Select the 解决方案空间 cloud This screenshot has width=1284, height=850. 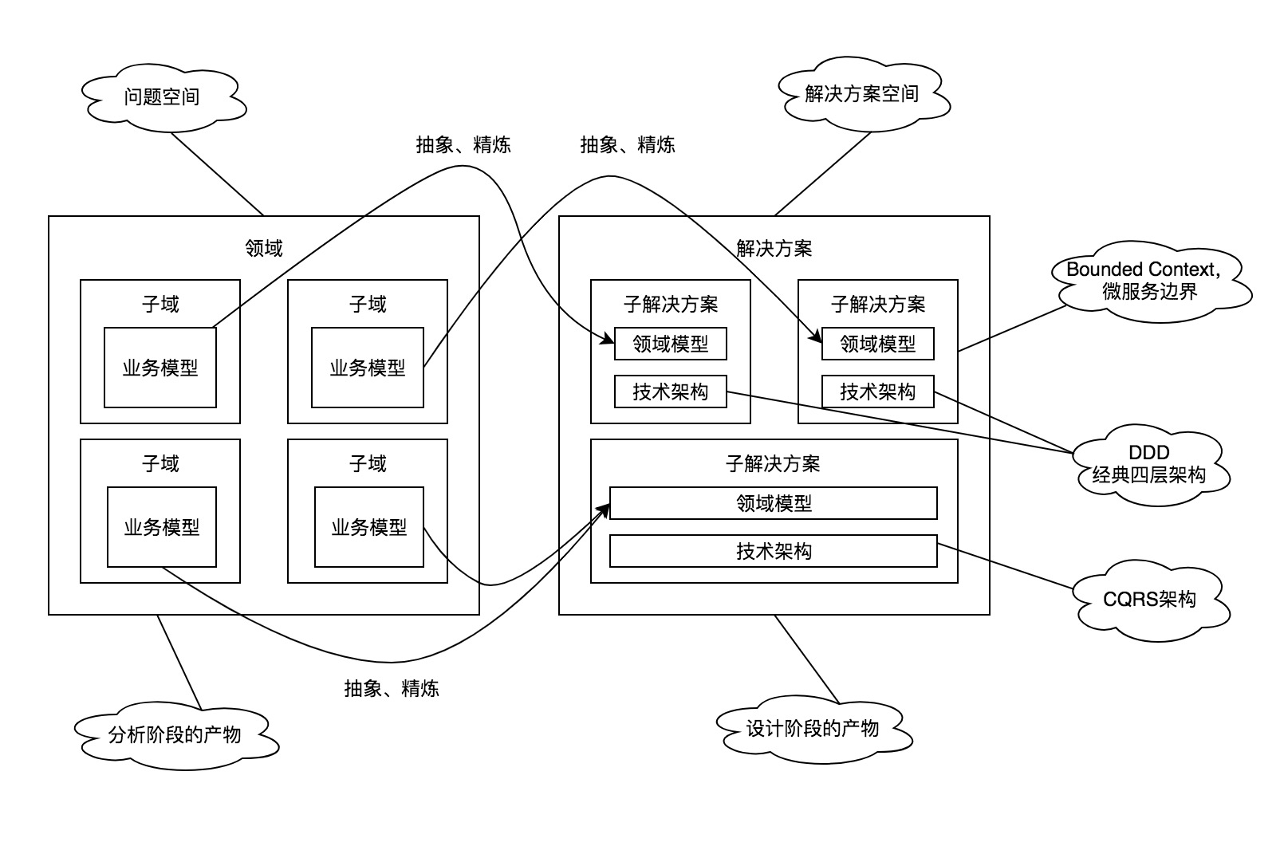[861, 94]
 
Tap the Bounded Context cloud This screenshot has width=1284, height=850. [1149, 281]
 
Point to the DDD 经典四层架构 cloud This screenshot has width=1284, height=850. [1149, 465]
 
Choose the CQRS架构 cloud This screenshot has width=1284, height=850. [1149, 599]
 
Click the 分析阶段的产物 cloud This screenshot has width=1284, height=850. [175, 734]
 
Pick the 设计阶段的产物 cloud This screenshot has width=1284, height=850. [813, 728]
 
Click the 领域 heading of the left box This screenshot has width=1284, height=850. [264, 248]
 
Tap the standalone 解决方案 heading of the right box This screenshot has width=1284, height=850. [774, 248]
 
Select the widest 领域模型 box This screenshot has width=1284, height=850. [773, 503]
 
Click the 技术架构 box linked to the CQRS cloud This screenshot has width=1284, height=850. [773, 551]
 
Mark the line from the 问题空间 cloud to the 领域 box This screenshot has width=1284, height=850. [217, 174]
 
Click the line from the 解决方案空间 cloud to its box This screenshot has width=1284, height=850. [823, 173]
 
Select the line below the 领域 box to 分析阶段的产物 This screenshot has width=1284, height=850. [179, 661]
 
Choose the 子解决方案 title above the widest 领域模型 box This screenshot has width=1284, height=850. [773, 463]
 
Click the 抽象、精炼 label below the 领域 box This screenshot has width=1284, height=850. [392, 688]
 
